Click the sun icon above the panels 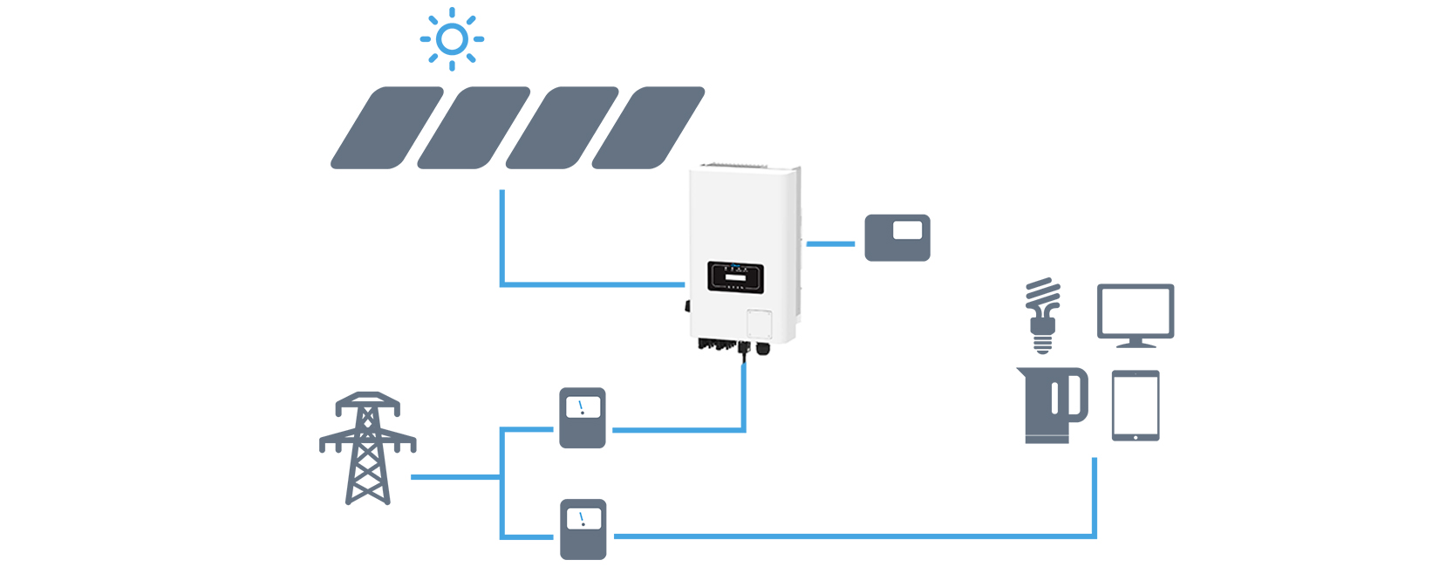452,39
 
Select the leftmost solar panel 387,127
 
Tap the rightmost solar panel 648,127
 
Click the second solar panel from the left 474,127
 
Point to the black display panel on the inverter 735,278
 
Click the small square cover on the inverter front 760,324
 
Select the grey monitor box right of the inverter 897,238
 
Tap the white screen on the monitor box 908,230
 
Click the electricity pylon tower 367,448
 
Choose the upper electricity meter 583,419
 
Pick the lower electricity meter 583,529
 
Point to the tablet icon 1136,406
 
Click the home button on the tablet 1136,434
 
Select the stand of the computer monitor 1136,343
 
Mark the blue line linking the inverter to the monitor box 831,243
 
